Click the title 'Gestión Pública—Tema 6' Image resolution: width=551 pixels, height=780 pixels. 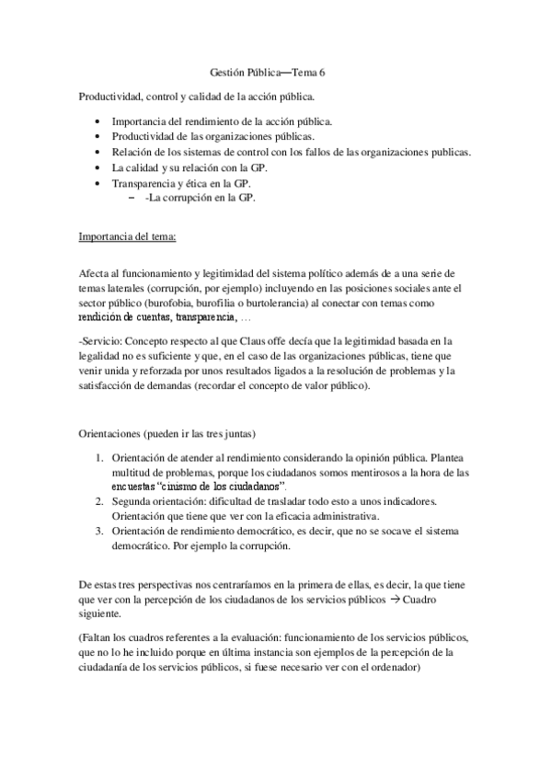click(275, 74)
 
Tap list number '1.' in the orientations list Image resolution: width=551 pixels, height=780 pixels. click(100, 457)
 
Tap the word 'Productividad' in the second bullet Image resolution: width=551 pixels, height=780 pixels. click(143, 137)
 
